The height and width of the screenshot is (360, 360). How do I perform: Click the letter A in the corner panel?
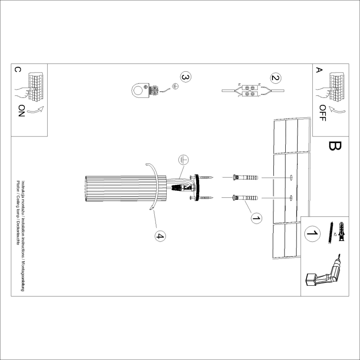point(319,70)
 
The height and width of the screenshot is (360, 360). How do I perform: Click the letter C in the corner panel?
point(17,70)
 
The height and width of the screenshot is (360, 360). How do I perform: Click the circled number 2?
point(275,78)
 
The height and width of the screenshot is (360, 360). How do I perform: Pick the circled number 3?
point(185,77)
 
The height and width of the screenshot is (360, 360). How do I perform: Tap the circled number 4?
point(160,236)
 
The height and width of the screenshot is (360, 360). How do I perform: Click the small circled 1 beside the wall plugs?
point(256,217)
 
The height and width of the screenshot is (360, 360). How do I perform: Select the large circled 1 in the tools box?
point(312,234)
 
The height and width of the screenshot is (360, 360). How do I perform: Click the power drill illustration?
point(324,274)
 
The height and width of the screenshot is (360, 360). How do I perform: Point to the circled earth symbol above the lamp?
point(184,159)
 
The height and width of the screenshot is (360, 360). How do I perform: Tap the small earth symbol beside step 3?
point(176,86)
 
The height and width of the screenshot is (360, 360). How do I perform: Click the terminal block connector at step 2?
point(250,90)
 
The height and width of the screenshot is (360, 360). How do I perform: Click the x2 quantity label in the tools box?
point(335,239)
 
